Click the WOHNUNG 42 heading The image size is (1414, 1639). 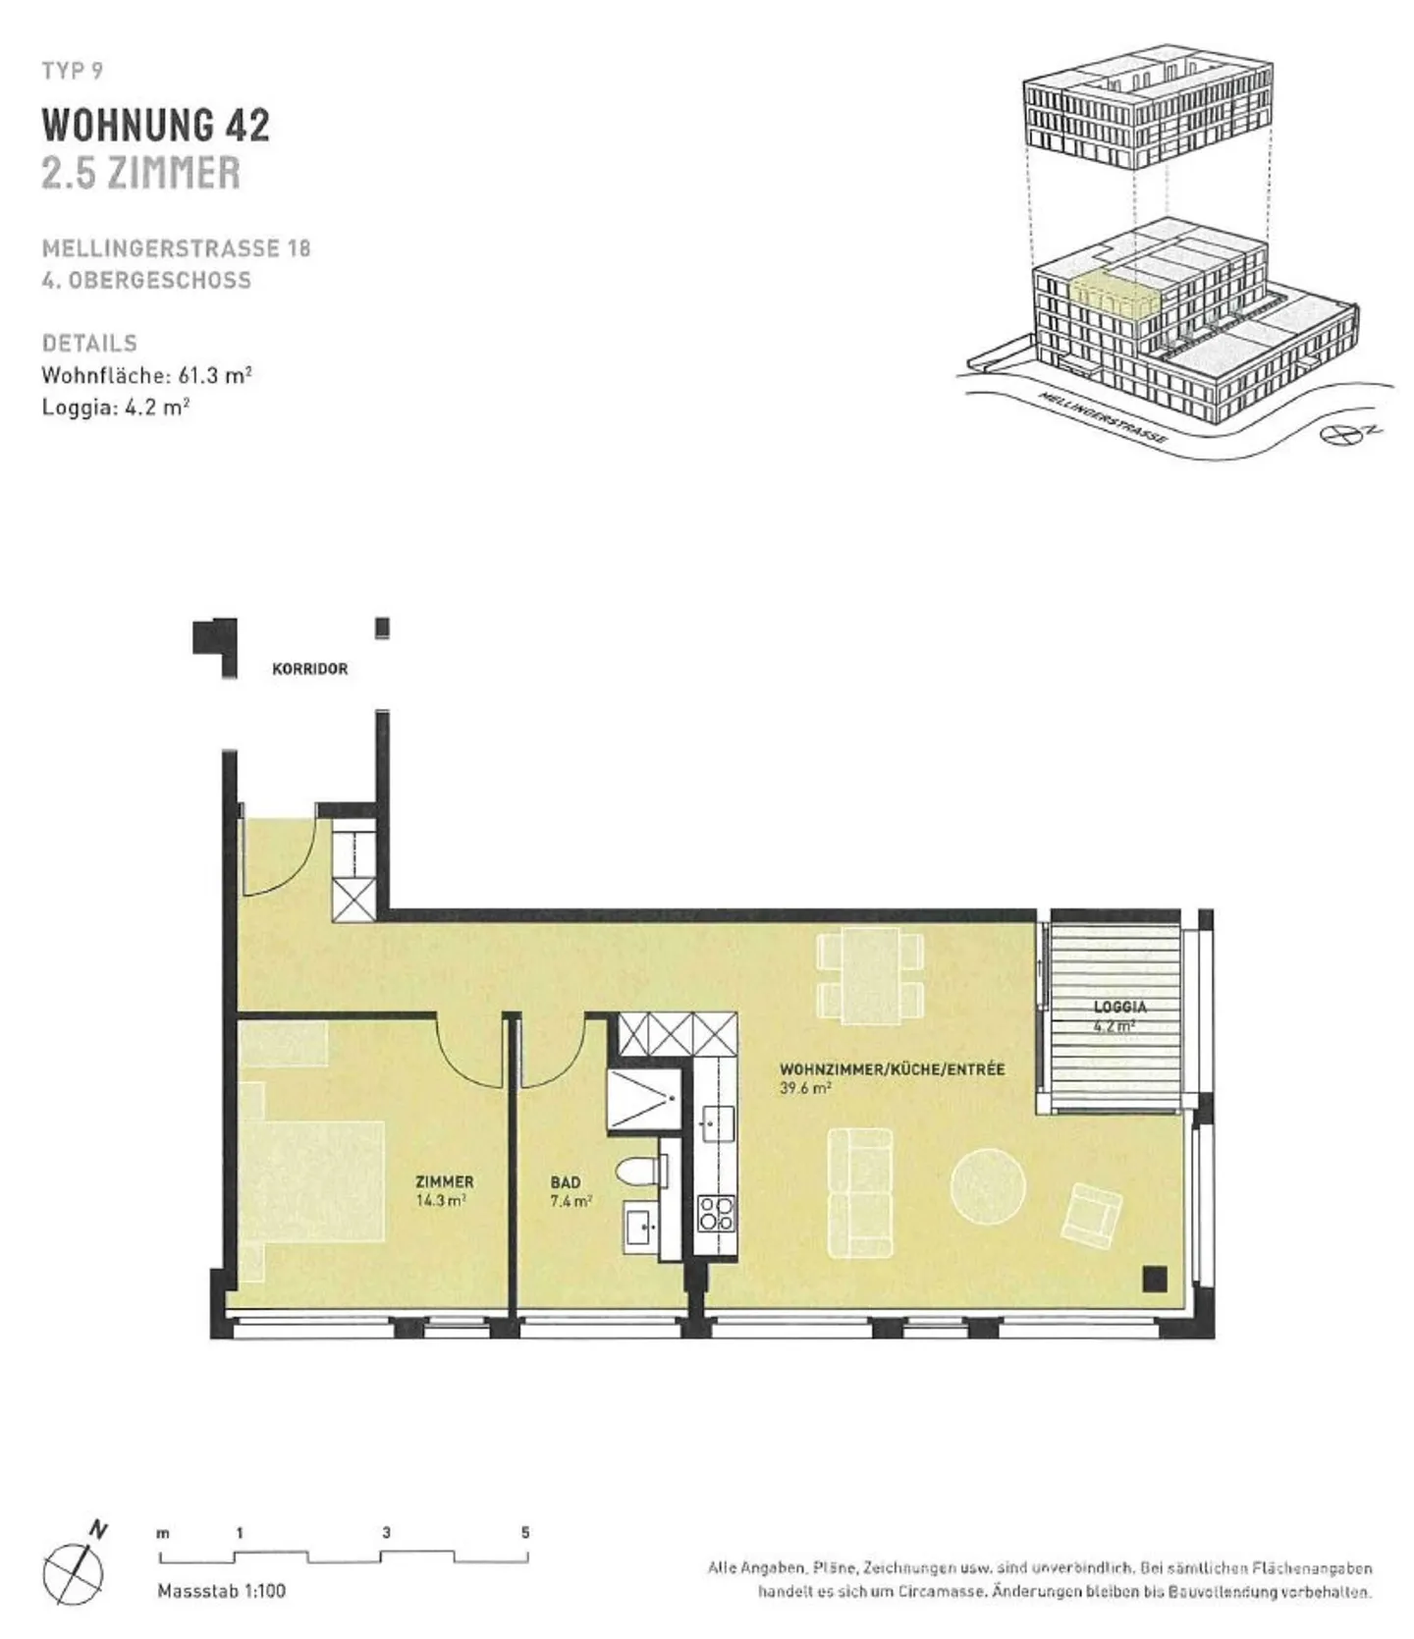click(155, 125)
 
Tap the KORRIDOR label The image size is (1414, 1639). click(309, 669)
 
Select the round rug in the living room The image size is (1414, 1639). click(988, 1185)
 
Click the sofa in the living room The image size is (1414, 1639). click(860, 1192)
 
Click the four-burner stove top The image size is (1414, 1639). click(715, 1215)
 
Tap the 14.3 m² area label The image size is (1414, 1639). click(441, 1200)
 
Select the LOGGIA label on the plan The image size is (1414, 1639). click(1119, 1007)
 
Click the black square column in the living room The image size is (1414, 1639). click(1155, 1278)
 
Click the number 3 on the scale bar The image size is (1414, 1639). click(386, 1532)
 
